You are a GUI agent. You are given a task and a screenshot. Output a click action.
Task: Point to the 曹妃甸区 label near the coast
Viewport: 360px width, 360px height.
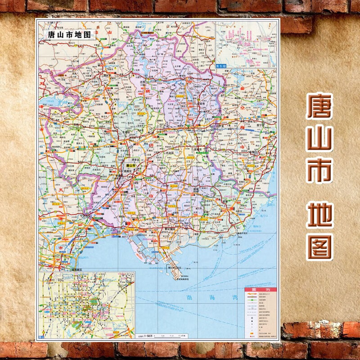[x=170, y=229]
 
